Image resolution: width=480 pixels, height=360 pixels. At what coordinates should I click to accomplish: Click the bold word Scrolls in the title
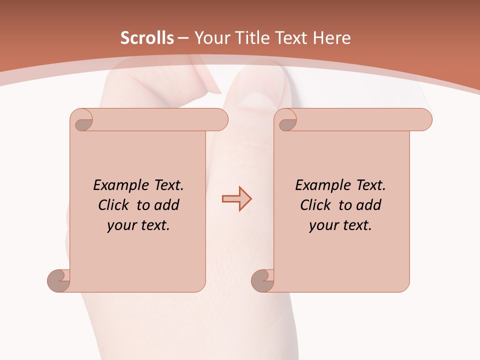(147, 38)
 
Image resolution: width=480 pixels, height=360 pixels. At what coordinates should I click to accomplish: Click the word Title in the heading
(252, 38)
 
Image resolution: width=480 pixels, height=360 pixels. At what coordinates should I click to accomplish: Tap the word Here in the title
(331, 38)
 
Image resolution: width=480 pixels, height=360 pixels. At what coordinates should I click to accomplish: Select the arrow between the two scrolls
(236, 199)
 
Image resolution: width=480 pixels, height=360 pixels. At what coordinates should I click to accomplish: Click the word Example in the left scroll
(116, 185)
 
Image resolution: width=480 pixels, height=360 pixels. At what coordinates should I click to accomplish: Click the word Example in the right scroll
(318, 185)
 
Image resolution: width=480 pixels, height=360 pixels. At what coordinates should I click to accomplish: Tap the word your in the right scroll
(323, 225)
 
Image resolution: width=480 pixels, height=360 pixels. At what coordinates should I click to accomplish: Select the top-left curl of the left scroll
(83, 122)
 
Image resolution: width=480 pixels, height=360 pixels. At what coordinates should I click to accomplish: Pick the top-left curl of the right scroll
(287, 122)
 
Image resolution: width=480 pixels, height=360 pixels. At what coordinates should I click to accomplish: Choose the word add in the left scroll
(166, 205)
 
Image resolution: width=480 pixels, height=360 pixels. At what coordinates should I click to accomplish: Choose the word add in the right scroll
(368, 205)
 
